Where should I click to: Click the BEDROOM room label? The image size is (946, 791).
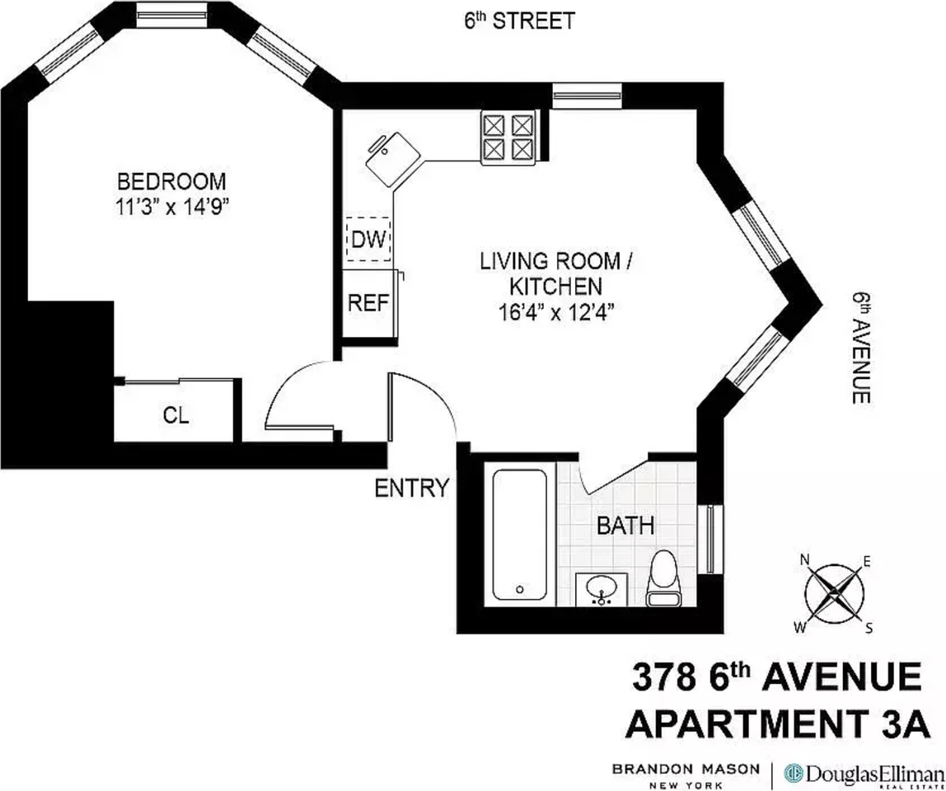pyautogui.click(x=171, y=180)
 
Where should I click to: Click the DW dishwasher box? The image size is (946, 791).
pyautogui.click(x=368, y=240)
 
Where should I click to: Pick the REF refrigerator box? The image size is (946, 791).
pyautogui.click(x=368, y=302)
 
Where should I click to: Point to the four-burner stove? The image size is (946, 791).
pyautogui.click(x=508, y=137)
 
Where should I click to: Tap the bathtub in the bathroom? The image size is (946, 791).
pyautogui.click(x=520, y=536)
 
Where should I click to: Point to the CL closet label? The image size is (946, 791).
pyautogui.click(x=176, y=416)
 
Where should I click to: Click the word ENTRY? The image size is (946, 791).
pyautogui.click(x=411, y=488)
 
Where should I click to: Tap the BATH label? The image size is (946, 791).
pyautogui.click(x=625, y=525)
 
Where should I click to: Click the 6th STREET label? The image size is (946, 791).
pyautogui.click(x=517, y=21)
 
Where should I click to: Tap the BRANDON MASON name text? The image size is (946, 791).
pyautogui.click(x=685, y=769)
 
